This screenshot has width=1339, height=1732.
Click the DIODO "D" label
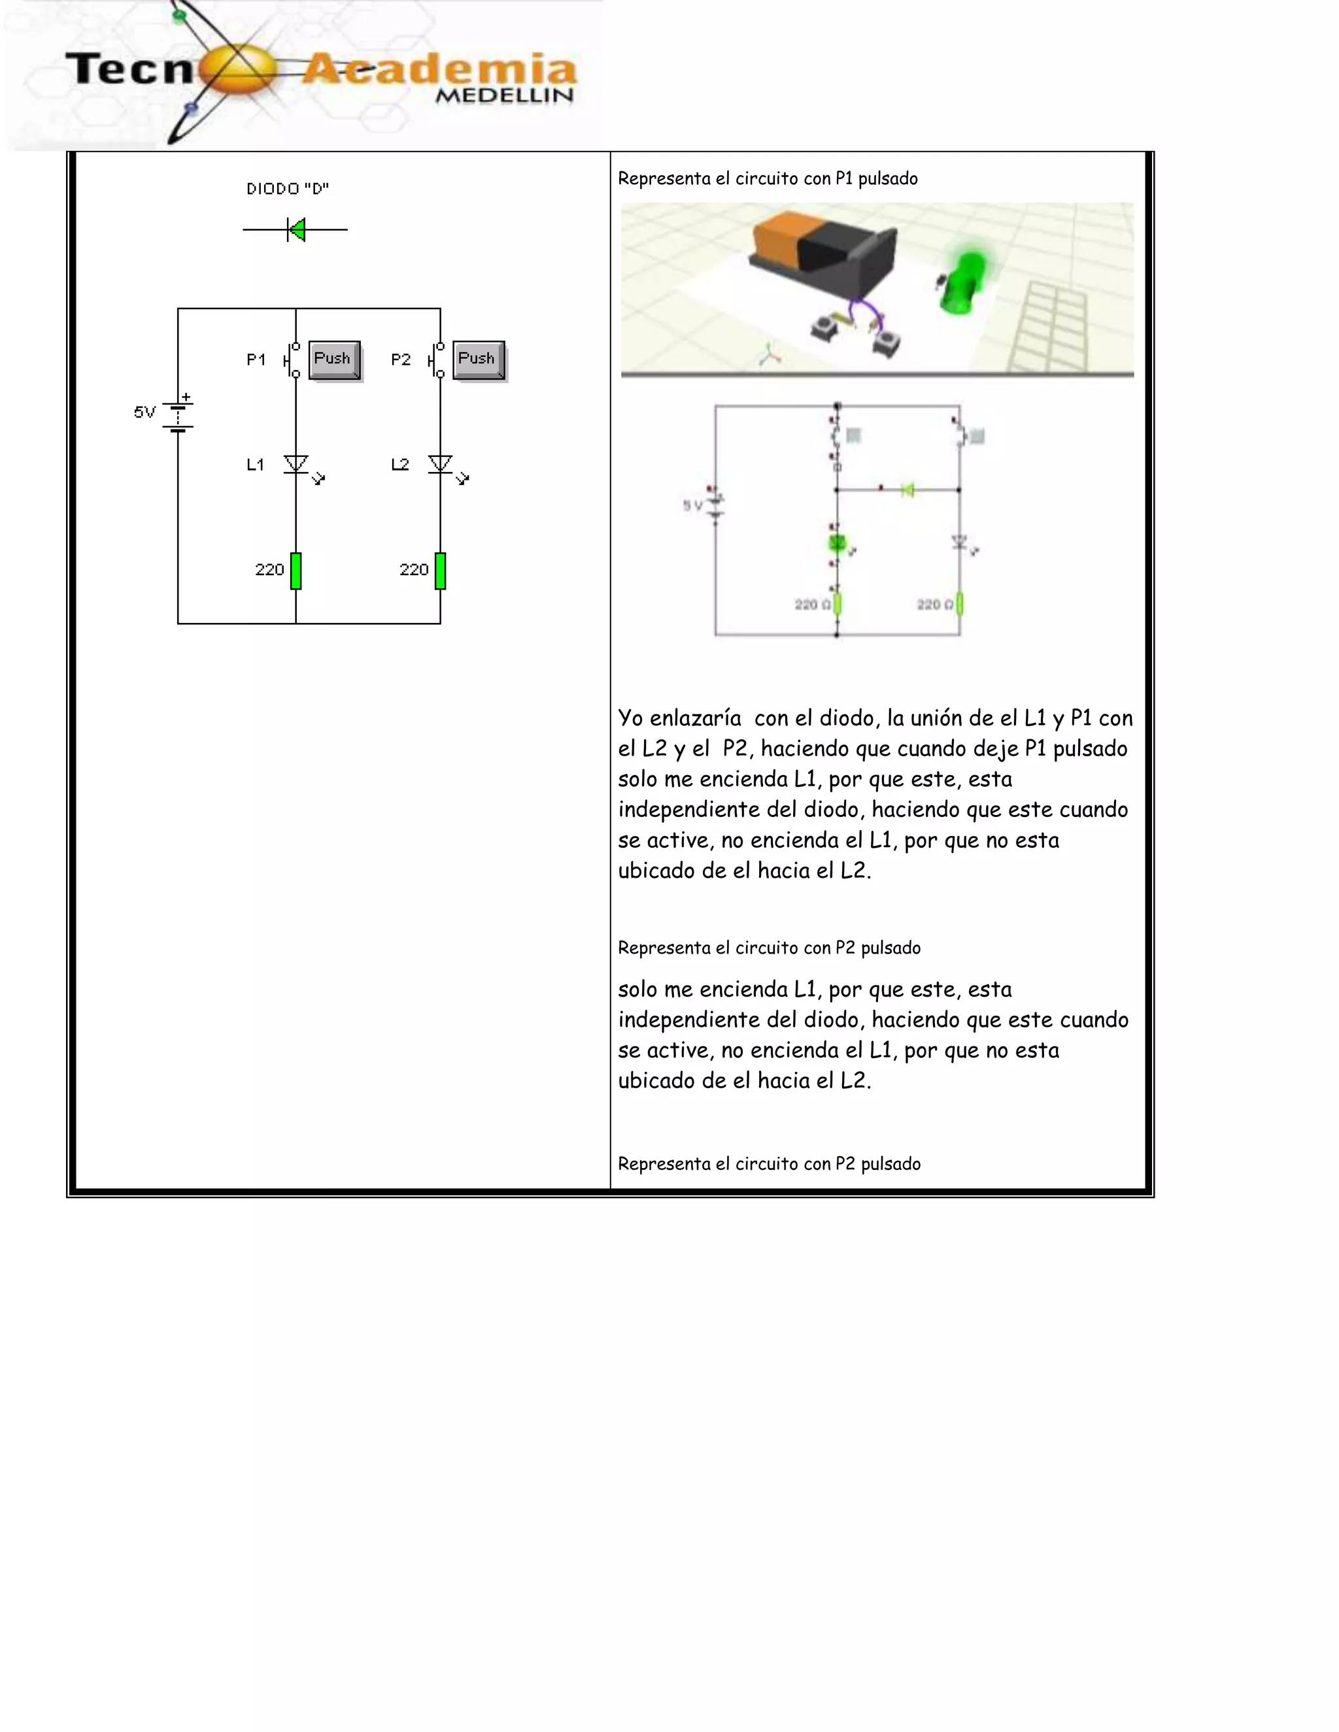click(x=287, y=189)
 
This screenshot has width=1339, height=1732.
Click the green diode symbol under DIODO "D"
click(x=297, y=230)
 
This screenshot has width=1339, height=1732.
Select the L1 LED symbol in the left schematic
click(x=296, y=464)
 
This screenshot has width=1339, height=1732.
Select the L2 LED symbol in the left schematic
click(x=440, y=464)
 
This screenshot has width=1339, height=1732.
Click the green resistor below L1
click(x=296, y=570)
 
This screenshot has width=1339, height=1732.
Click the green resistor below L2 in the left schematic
click(x=440, y=570)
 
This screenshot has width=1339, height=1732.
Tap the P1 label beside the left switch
click(x=256, y=359)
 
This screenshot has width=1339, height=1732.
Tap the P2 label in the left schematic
click(x=401, y=359)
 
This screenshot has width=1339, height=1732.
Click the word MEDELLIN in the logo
click(x=505, y=96)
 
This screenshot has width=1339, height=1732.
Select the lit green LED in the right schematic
click(x=837, y=543)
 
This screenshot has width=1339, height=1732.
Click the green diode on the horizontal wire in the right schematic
click(x=907, y=490)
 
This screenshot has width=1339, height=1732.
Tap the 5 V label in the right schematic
click(x=692, y=505)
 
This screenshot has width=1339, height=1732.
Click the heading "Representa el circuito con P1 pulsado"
click(x=767, y=178)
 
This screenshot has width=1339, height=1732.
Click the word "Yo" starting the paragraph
click(x=631, y=718)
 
